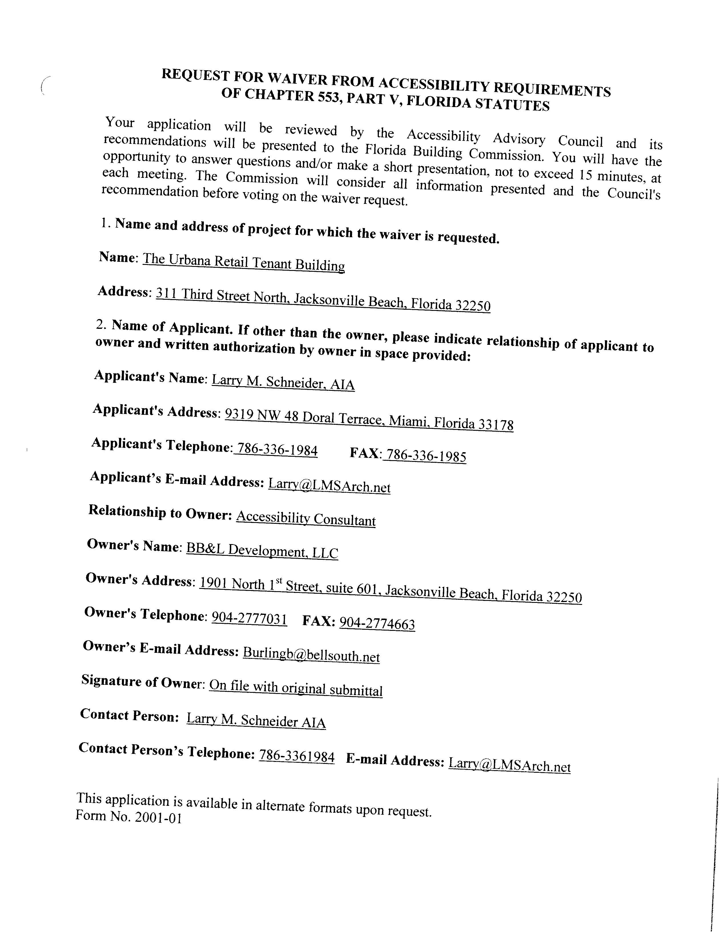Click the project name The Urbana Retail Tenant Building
click(244, 262)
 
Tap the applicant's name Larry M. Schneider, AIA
click(283, 382)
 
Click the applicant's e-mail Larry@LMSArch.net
click(329, 485)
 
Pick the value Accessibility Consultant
click(306, 518)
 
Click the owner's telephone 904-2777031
click(249, 619)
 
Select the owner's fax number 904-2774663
click(377, 624)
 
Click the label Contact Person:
click(129, 715)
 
